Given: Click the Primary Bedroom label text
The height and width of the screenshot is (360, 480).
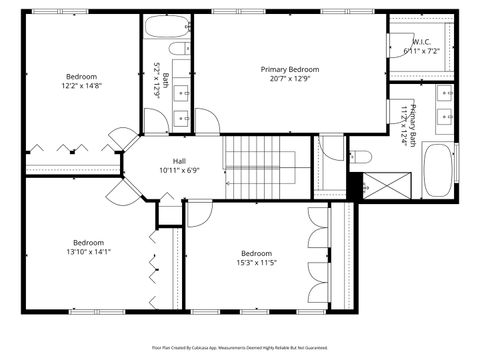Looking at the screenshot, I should coord(289,69).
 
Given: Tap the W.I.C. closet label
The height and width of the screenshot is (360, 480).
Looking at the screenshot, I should coord(421,42).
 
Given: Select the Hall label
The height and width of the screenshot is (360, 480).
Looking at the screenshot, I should coord(179,161).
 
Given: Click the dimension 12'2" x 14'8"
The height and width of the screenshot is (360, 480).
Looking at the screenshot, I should coord(82,86).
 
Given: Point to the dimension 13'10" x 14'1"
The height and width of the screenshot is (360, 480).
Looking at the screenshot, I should coord(88,252).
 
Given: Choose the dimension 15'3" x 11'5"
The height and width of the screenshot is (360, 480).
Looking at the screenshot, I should coord(256,263).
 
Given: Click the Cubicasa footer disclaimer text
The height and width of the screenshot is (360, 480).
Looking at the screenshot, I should coord(240,347).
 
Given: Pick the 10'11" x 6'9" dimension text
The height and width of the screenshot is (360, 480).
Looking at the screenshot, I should coord(179,171).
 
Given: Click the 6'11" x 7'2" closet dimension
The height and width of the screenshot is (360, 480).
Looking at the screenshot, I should coord(421,51).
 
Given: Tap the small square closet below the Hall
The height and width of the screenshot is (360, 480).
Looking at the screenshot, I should coord(170,213).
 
